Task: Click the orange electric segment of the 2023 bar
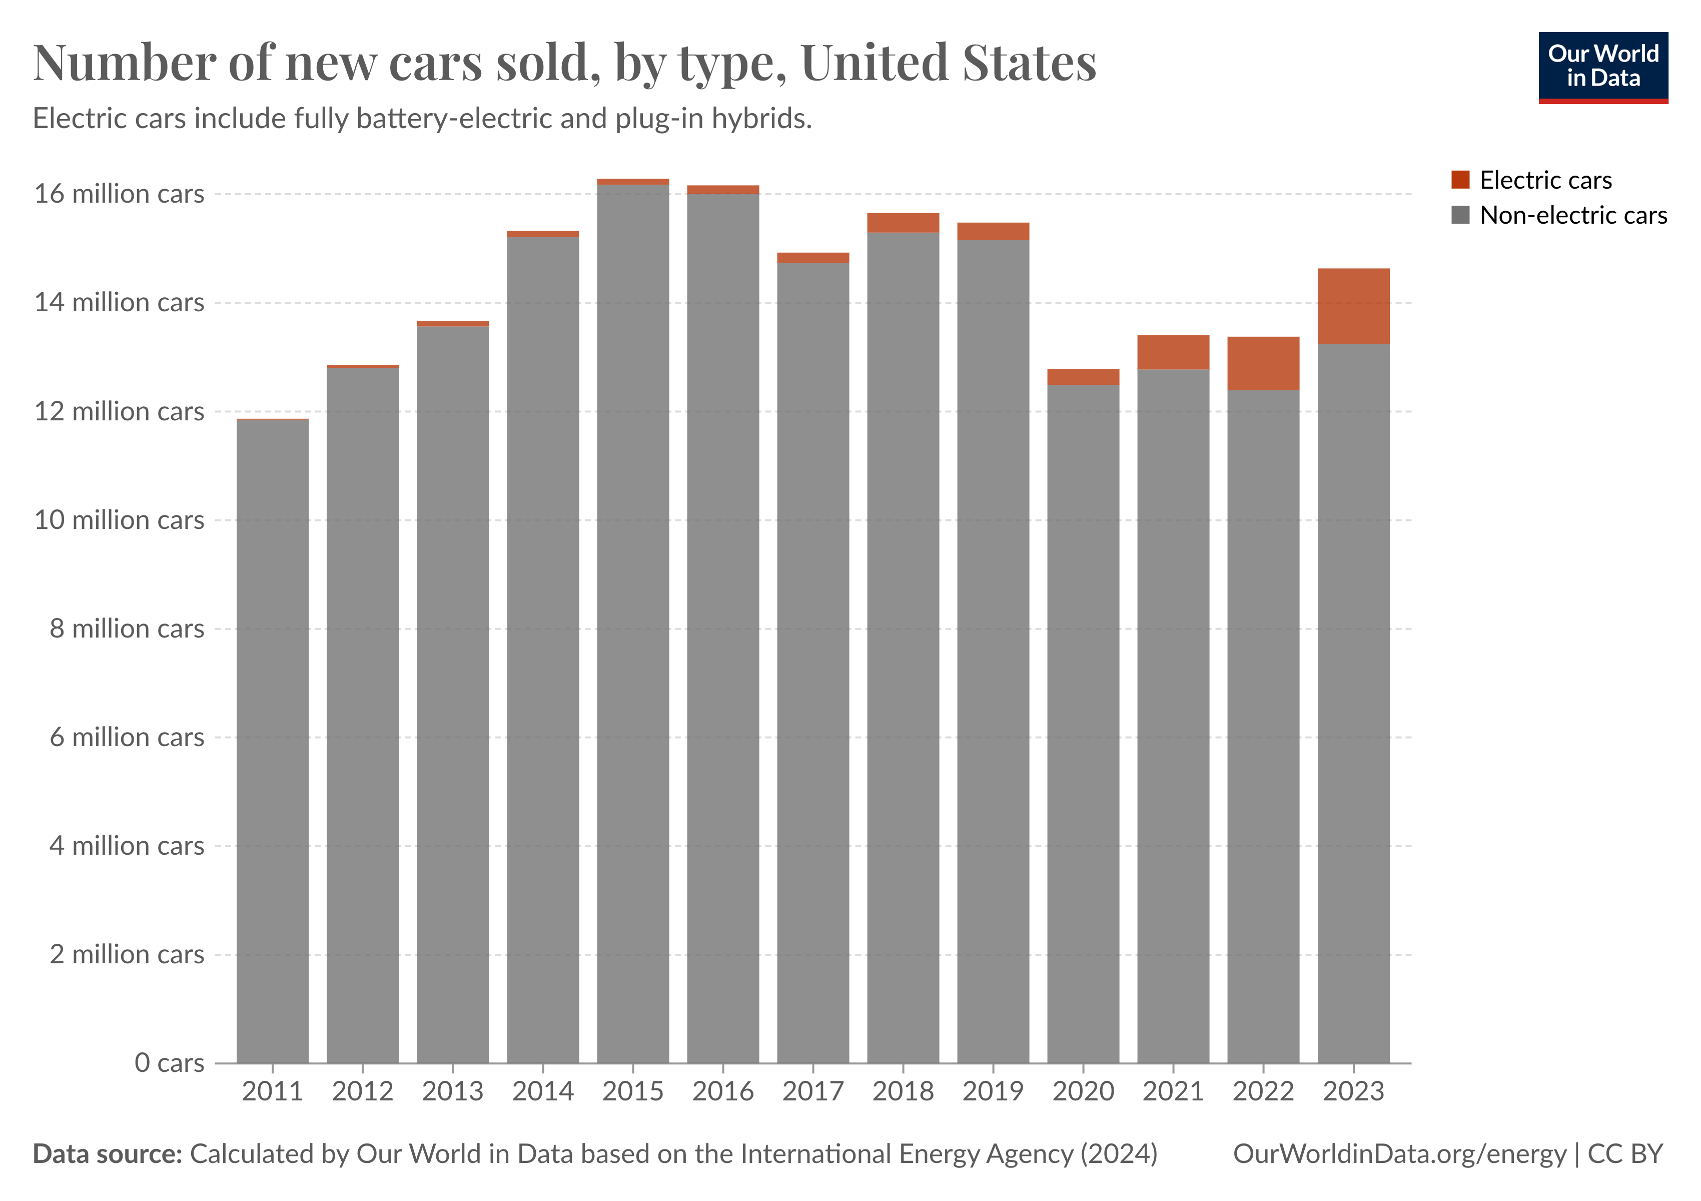tap(1353, 306)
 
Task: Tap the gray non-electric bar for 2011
tap(273, 741)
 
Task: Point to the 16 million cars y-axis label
tap(119, 194)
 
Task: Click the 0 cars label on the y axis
tap(169, 1063)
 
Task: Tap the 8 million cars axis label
tap(127, 629)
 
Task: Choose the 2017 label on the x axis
tap(812, 1091)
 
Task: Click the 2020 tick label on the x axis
tap(1083, 1091)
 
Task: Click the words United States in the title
tap(948, 63)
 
